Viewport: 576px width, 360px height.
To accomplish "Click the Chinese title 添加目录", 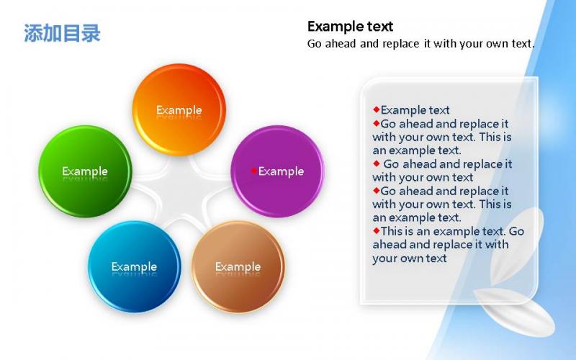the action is pyautogui.click(x=62, y=33).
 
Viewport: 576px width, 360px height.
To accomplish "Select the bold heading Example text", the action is pyautogui.click(x=350, y=27).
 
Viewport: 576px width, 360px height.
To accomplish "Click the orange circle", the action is pyautogui.click(x=179, y=110).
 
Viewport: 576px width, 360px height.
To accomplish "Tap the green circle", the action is pyautogui.click(x=85, y=171).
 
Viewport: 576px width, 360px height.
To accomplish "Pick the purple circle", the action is pyautogui.click(x=277, y=171).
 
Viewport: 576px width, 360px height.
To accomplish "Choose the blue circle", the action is pyautogui.click(x=135, y=266).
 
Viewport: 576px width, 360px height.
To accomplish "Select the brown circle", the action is pyautogui.click(x=238, y=266).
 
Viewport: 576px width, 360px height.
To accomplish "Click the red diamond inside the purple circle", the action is pyautogui.click(x=253, y=171).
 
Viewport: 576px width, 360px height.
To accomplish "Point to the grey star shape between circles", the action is pyautogui.click(x=181, y=192).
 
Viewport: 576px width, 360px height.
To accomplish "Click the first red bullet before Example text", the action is pyautogui.click(x=376, y=109).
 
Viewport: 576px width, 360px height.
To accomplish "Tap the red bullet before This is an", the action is pyautogui.click(x=376, y=230).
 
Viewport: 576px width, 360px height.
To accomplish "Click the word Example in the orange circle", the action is pyautogui.click(x=179, y=110).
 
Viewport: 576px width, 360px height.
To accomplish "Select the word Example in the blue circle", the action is pyautogui.click(x=134, y=266).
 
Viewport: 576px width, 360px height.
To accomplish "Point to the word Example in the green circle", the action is pyautogui.click(x=85, y=171).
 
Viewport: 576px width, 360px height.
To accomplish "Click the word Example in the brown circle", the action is pyautogui.click(x=238, y=266).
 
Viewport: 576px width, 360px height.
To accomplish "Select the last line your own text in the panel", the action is pyautogui.click(x=410, y=258).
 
